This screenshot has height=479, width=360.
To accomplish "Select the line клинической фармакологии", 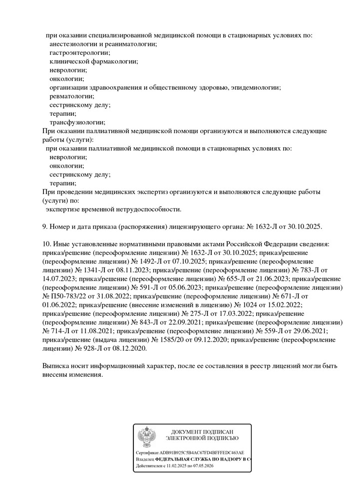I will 94,61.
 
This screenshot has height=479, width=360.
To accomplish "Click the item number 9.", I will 45,227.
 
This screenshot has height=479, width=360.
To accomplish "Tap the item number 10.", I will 47,244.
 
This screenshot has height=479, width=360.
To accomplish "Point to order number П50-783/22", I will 69,296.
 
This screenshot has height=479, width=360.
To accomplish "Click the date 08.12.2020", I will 129,349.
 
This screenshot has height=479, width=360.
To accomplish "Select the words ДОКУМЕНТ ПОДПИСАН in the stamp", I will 202,432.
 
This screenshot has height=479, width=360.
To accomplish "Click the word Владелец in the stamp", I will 145,459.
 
